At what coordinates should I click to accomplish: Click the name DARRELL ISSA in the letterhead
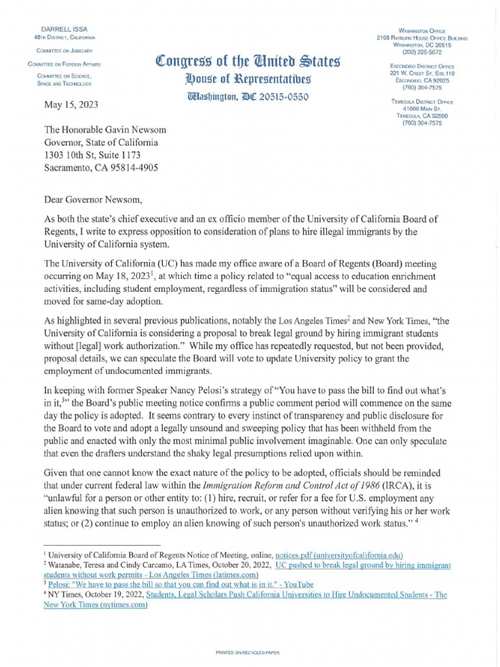pos(59,30)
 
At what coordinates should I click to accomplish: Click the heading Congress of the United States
pos(240,63)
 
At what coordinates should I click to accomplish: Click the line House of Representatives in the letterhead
pos(240,79)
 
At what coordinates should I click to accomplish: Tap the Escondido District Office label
pos(432,66)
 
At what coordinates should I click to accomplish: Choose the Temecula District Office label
pos(432,102)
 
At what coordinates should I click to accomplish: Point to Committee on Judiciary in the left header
pos(59,50)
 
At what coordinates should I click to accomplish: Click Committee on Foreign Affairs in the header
pos(59,63)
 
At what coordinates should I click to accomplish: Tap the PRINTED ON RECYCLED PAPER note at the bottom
pos(250,652)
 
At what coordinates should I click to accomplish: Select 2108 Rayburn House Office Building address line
pos(432,38)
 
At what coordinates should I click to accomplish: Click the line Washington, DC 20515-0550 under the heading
pos(240,97)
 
